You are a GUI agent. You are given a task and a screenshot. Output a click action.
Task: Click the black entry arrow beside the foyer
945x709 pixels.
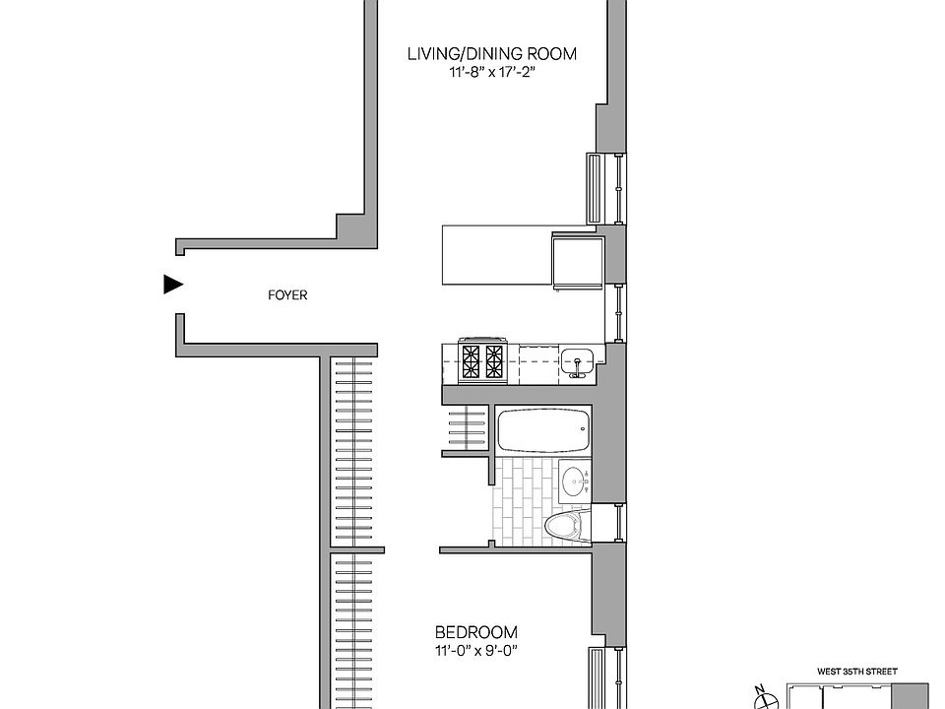coord(173,285)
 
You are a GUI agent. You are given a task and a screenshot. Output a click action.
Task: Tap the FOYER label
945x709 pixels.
coord(287,294)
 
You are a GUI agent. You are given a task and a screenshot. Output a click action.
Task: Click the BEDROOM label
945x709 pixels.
coord(476,632)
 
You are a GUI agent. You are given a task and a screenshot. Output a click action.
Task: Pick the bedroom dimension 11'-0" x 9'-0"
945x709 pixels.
coord(476,650)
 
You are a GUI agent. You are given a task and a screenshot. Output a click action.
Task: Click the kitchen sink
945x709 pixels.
coord(576,362)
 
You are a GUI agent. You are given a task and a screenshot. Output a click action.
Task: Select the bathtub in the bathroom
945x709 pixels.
coord(543,430)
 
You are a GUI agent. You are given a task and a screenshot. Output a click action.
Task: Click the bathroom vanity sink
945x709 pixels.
coord(574,482)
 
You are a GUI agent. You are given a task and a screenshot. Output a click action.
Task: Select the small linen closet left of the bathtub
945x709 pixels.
coord(465,429)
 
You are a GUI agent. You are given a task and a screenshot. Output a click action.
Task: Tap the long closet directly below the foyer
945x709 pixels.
coord(351,448)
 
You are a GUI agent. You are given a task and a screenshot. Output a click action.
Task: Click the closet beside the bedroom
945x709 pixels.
coord(351,630)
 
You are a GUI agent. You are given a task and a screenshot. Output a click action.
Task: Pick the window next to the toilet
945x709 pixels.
coord(618,523)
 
